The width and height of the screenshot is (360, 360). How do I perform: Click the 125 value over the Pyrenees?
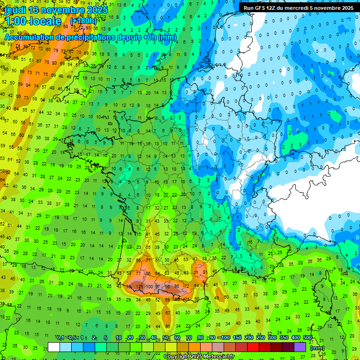click(x=139, y=286)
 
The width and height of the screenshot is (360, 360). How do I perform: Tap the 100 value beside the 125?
click(x=150, y=286)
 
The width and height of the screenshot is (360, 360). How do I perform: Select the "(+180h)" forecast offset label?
click(x=83, y=21)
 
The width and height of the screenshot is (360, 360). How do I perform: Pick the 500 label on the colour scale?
click(x=307, y=338)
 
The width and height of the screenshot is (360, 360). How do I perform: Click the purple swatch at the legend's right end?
click(x=300, y=347)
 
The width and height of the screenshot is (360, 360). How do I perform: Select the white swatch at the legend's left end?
click(x=54, y=347)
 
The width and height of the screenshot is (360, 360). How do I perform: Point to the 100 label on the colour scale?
click(x=225, y=338)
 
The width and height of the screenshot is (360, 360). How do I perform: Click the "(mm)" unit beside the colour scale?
click(x=317, y=348)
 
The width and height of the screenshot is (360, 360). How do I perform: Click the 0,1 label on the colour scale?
click(x=60, y=338)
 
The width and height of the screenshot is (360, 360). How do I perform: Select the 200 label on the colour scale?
click(x=249, y=338)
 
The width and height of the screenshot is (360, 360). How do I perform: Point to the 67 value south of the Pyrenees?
click(x=167, y=313)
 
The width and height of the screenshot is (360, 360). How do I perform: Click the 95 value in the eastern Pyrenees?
click(x=177, y=286)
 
